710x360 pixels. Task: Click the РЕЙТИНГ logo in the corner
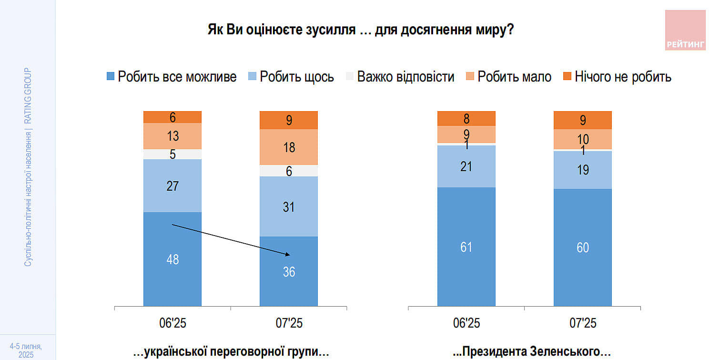[685, 30]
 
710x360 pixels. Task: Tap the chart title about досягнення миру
[360, 30]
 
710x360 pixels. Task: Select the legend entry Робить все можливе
[172, 77]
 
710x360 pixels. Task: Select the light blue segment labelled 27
[172, 185]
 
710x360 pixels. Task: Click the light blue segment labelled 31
[289, 206]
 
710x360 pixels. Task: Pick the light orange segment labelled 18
[289, 147]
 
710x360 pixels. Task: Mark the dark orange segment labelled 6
[172, 117]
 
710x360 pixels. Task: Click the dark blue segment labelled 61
[467, 247]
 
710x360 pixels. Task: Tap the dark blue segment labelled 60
[583, 247]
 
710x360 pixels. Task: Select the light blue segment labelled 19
[583, 170]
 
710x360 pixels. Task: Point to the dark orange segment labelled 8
[467, 118]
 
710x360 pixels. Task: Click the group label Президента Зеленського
[531, 352]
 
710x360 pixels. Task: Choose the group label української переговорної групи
[231, 352]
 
